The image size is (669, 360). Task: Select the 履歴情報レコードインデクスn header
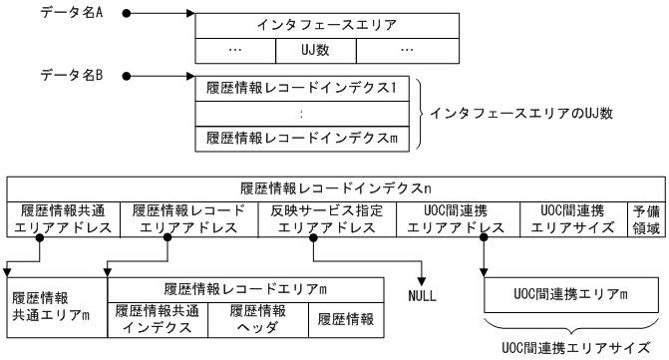pyautogui.click(x=335, y=186)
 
